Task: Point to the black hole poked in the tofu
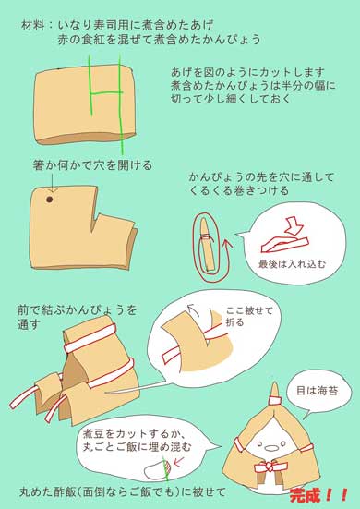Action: coord(49,199)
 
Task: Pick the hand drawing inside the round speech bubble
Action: coord(286,233)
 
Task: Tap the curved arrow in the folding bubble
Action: coord(191,322)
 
